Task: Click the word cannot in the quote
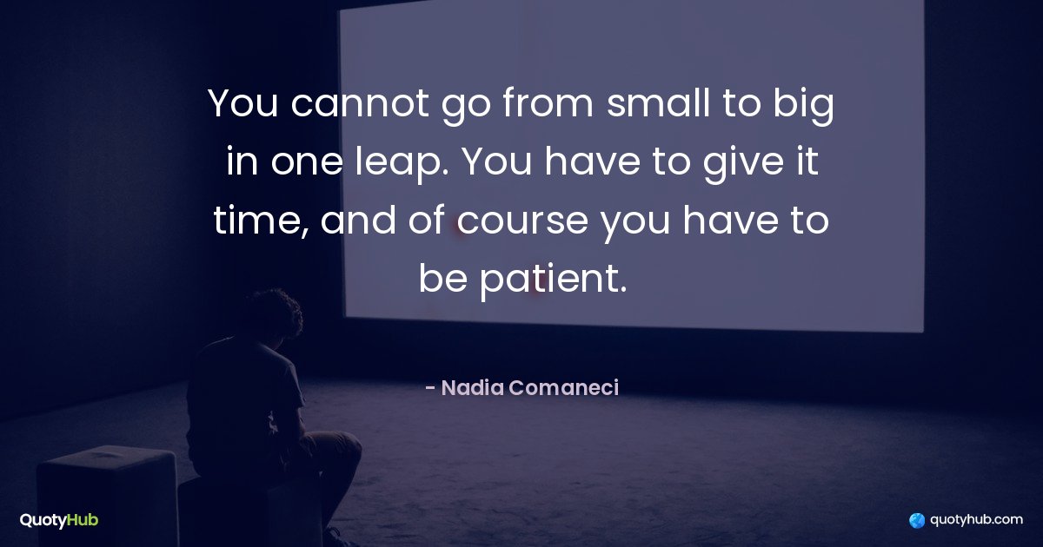360,102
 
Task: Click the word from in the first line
548,102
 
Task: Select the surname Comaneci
563,388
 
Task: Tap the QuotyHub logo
59,520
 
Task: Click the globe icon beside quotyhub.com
917,520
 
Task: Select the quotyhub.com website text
976,520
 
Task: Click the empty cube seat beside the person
107,496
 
